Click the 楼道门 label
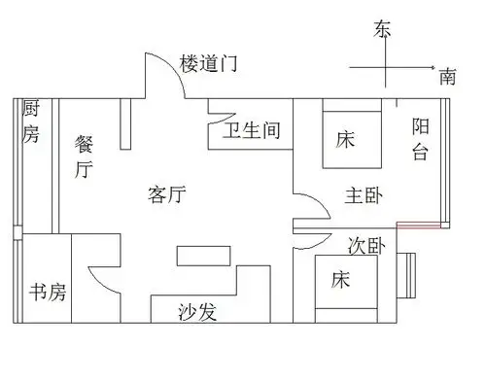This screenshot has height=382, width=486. pos(210,65)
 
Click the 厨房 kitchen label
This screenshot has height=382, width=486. pos(31,121)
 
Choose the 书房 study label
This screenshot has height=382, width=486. pos(46,292)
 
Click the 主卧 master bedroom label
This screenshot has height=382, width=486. pos(364,193)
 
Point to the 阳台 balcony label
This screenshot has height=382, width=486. pos(421,138)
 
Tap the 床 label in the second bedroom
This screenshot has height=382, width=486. pos(340,281)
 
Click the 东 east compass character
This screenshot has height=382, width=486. pos(382,30)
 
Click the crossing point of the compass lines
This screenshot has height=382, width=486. pos(386,67)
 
